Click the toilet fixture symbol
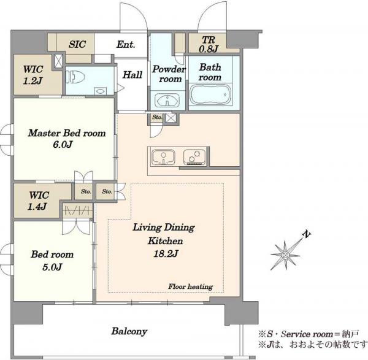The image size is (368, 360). (75, 77)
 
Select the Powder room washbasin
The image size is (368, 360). (167, 101)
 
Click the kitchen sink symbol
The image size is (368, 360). (163, 157)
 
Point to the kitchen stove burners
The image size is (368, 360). (194, 157)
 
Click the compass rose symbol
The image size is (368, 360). (285, 255)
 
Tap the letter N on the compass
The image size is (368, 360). (307, 234)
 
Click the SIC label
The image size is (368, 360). (77, 44)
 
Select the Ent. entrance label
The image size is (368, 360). (126, 44)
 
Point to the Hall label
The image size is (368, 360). (132, 75)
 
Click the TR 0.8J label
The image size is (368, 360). (209, 44)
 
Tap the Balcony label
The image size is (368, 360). (129, 331)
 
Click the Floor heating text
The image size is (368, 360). (191, 286)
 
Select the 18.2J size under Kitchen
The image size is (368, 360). (166, 253)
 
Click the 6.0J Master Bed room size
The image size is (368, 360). (63, 144)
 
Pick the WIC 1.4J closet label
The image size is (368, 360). (38, 201)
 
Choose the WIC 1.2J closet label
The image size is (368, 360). (33, 75)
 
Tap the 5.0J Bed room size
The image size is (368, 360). (52, 267)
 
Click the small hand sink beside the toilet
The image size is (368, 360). (100, 91)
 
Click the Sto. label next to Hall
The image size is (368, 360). (157, 117)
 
